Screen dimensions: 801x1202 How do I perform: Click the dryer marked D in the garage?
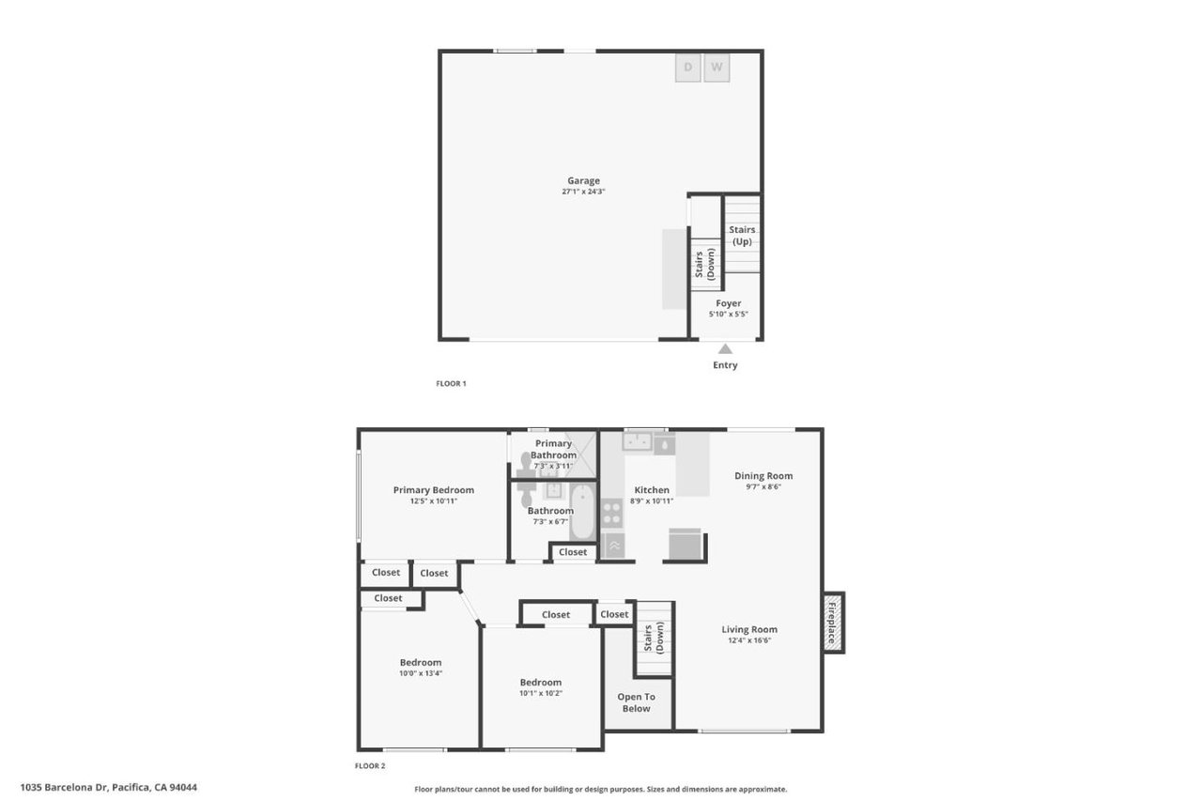(688, 68)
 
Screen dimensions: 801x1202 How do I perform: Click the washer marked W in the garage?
(717, 68)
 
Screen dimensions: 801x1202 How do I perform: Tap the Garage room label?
(583, 181)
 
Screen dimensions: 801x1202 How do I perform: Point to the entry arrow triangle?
(725, 348)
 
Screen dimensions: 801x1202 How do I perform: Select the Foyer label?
(729, 303)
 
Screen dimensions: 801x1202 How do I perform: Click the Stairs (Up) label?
(742, 236)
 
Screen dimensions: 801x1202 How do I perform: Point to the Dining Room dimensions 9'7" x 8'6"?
(763, 486)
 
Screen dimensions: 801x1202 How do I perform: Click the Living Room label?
(749, 629)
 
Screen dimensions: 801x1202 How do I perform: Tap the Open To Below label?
(636, 702)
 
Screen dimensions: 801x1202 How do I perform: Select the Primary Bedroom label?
(433, 489)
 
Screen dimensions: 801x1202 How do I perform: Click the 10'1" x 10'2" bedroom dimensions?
(541, 693)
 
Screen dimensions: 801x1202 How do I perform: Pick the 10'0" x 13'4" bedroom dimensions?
(421, 673)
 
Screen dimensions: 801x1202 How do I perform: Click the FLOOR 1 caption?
(451, 383)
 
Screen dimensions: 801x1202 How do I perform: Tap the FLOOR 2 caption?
(370, 766)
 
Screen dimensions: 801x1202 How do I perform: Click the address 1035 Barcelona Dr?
(108, 788)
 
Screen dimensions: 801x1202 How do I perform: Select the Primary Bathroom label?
(554, 449)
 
